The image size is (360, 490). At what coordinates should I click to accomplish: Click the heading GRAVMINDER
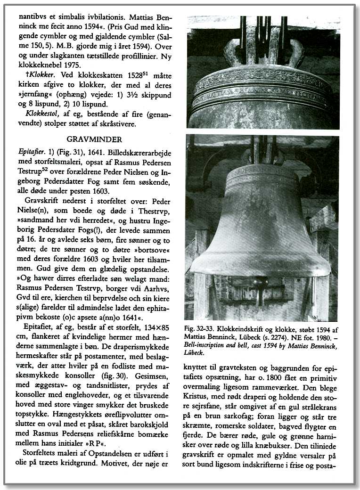94,140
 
